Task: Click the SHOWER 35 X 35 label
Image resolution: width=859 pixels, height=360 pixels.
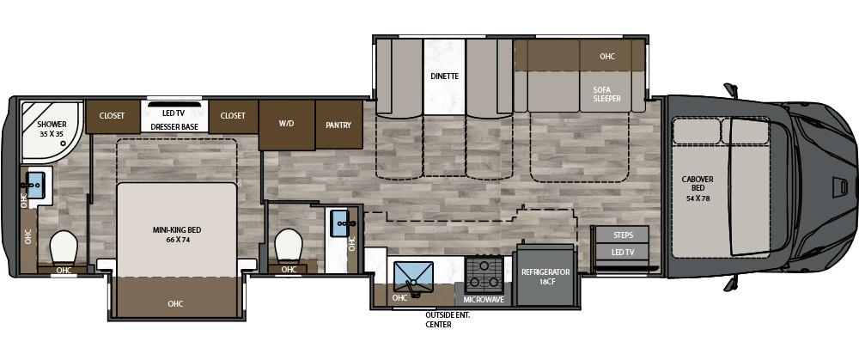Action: click(x=52, y=129)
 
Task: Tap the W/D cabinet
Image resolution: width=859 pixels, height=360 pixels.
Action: click(x=287, y=125)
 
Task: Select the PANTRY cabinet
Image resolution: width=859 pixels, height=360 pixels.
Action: click(x=339, y=125)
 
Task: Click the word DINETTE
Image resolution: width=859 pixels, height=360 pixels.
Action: click(x=444, y=76)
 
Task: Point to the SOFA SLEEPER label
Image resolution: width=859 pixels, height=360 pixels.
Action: click(x=607, y=94)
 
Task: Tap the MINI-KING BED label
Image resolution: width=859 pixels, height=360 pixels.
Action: click(x=176, y=235)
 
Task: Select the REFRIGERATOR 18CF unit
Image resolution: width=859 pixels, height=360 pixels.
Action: click(x=545, y=276)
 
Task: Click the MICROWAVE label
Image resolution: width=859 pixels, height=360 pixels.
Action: click(x=483, y=300)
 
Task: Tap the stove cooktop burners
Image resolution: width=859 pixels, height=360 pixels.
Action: click(x=484, y=275)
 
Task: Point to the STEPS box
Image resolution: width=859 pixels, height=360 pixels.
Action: click(x=622, y=235)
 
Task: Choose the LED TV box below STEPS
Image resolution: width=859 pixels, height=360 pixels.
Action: click(x=622, y=252)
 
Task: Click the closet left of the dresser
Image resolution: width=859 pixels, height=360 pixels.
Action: click(x=112, y=116)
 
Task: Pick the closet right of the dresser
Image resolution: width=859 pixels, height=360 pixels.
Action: click(x=233, y=116)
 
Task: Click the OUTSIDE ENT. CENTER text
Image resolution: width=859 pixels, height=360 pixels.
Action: click(x=448, y=320)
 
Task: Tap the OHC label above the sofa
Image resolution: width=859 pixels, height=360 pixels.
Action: click(x=607, y=56)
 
